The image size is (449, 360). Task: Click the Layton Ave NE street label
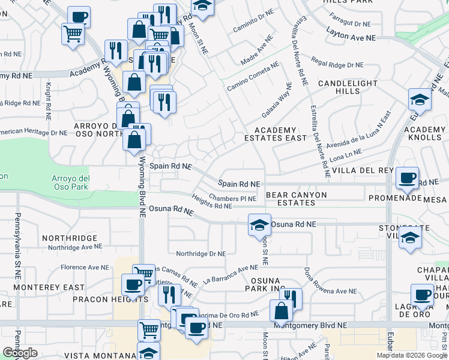click(x=351, y=37)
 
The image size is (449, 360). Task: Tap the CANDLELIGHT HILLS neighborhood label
click(x=348, y=87)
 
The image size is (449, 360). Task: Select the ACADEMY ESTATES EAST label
click(x=276, y=134)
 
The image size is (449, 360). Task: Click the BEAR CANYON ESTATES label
click(x=296, y=199)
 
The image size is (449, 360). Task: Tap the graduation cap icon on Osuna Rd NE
click(x=259, y=226)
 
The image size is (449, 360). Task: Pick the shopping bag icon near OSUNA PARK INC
click(x=281, y=311)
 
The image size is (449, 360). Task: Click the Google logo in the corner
click(x=20, y=353)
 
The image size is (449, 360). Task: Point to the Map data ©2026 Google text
click(x=412, y=355)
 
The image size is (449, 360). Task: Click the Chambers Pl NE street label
click(x=232, y=197)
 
